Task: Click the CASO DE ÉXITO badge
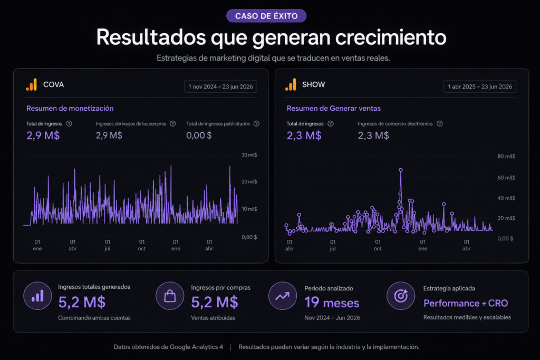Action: (x=266, y=16)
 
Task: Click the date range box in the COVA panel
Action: (x=220, y=86)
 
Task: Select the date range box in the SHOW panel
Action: (x=480, y=86)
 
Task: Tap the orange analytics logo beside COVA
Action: (x=31, y=85)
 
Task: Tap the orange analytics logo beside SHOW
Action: (x=291, y=85)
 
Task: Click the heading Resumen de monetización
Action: (x=70, y=108)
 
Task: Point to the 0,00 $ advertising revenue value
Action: (x=199, y=135)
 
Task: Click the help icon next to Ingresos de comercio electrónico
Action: (x=439, y=123)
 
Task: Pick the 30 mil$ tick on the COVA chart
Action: (x=249, y=155)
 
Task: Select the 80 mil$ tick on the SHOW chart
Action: (x=506, y=156)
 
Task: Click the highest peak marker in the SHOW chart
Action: (x=401, y=170)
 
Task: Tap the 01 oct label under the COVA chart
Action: (x=141, y=245)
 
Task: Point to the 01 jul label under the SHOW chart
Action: (x=333, y=245)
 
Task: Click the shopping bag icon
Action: (x=170, y=296)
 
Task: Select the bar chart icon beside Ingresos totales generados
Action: (x=37, y=296)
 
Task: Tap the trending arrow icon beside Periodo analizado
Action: (x=283, y=296)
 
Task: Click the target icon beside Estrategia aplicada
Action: (x=401, y=296)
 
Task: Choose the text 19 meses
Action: (x=332, y=303)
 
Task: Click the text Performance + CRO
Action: (x=466, y=303)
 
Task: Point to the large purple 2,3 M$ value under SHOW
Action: (x=304, y=135)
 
